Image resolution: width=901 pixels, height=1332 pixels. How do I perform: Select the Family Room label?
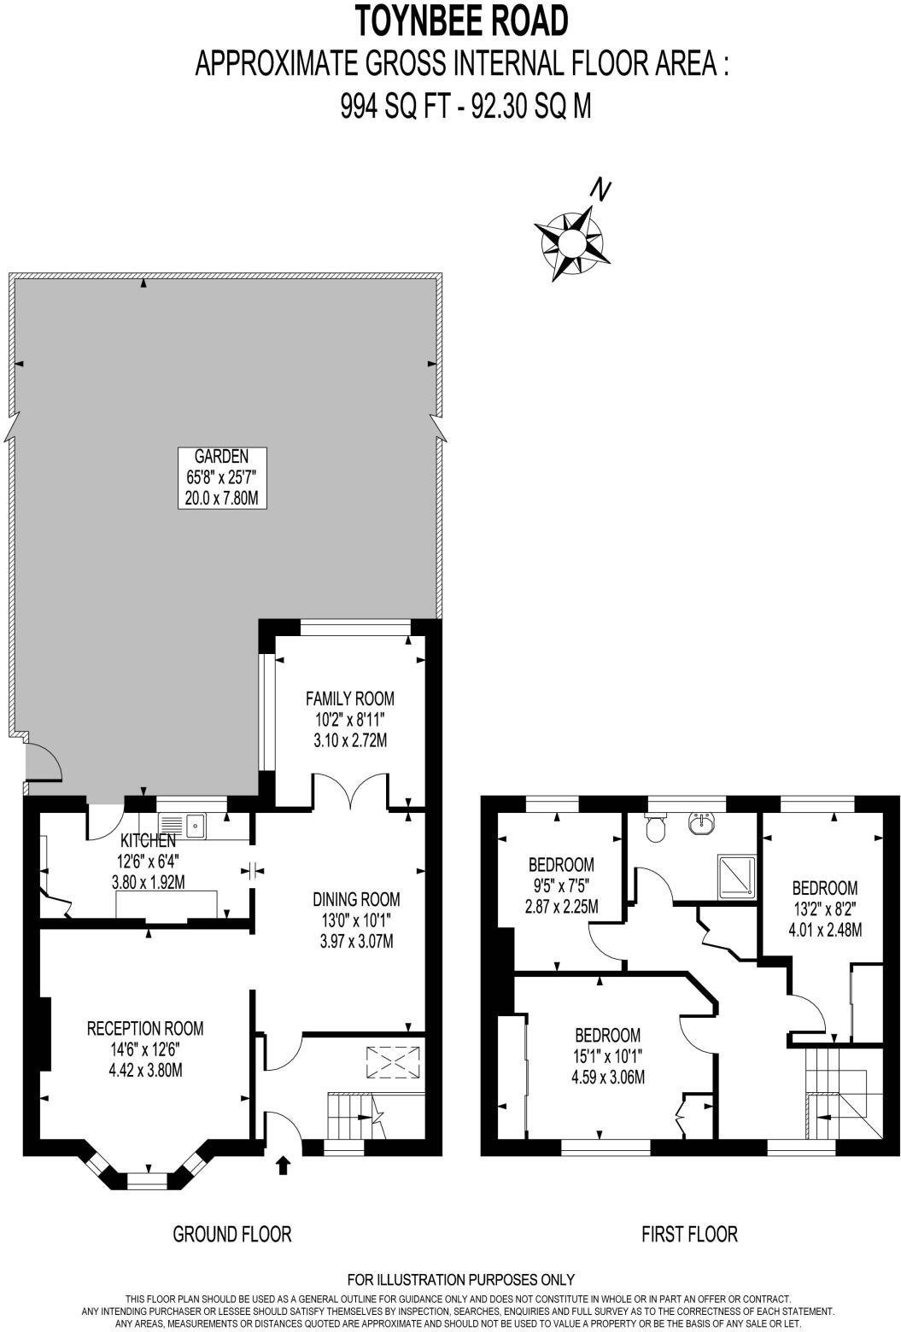pos(350,719)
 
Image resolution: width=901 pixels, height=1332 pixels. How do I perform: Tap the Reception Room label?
pos(145,1049)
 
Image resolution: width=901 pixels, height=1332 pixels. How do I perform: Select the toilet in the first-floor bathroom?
pos(656,827)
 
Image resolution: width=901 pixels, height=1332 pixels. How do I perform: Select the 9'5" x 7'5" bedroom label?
pos(561,885)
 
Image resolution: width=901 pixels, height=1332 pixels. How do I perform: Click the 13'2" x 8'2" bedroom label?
pos(824,908)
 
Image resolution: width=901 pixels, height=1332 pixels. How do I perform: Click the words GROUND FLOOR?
pos(232,1234)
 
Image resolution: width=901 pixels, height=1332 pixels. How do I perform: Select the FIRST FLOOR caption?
pos(689,1234)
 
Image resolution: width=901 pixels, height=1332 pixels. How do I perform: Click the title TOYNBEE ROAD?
pos(461,21)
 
